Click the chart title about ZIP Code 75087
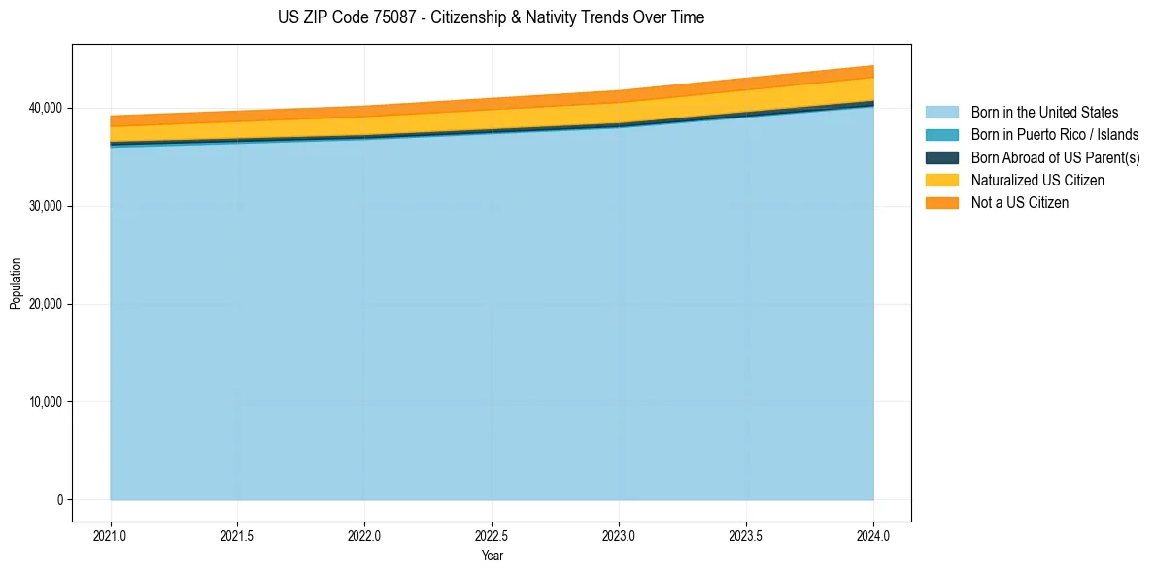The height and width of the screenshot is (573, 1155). click(x=491, y=17)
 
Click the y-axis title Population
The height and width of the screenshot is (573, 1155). click(x=16, y=284)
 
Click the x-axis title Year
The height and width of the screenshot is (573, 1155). click(x=492, y=556)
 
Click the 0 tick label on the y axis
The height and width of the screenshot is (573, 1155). click(x=58, y=500)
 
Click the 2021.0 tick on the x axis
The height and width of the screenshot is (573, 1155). click(x=111, y=535)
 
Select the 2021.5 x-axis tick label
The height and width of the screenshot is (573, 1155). click(x=238, y=535)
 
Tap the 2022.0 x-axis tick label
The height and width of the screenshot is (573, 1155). click(x=365, y=535)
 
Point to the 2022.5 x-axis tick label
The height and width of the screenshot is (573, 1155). click(x=493, y=535)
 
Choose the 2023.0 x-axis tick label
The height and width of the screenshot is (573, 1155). click(x=620, y=535)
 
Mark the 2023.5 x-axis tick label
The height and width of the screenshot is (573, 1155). click(x=747, y=535)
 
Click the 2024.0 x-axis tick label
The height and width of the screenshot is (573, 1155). click(x=874, y=535)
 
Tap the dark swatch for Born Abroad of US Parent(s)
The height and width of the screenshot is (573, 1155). click(x=941, y=157)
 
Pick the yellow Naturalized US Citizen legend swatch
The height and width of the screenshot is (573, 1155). click(x=941, y=180)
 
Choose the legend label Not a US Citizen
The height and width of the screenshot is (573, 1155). click(x=1020, y=203)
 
